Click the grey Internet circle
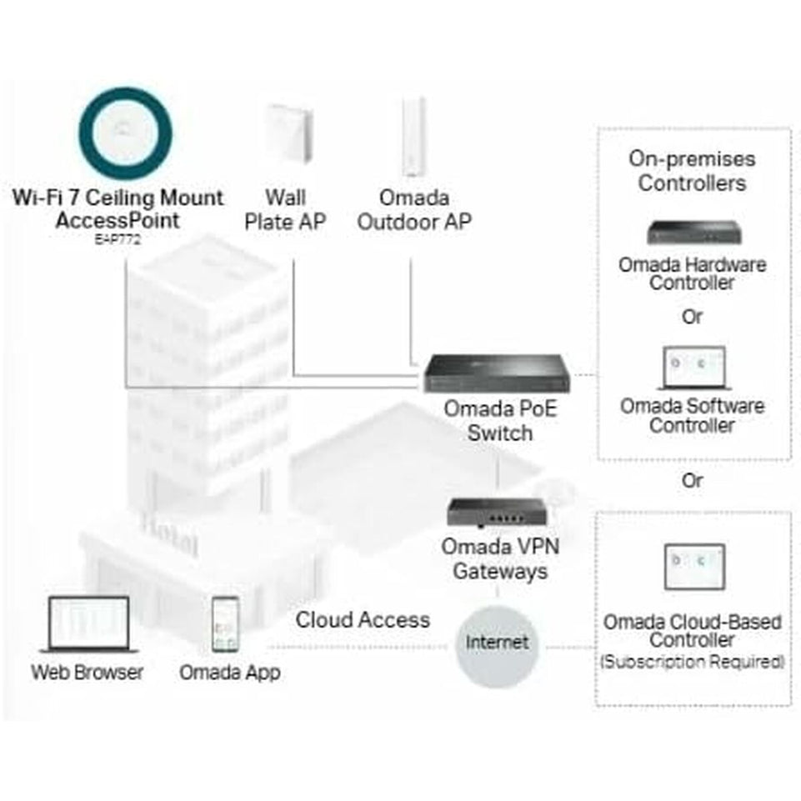pyautogui.click(x=497, y=643)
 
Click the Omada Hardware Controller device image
pyautogui.click(x=693, y=234)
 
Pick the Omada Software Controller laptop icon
pyautogui.click(x=693, y=369)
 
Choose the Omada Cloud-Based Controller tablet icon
pyautogui.click(x=693, y=575)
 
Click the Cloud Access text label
pyautogui.click(x=363, y=620)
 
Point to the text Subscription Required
pyautogui.click(x=693, y=662)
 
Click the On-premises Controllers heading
pyautogui.click(x=692, y=171)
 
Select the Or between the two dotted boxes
pyautogui.click(x=692, y=480)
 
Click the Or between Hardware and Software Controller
pyautogui.click(x=692, y=318)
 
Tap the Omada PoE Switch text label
pyautogui.click(x=499, y=421)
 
